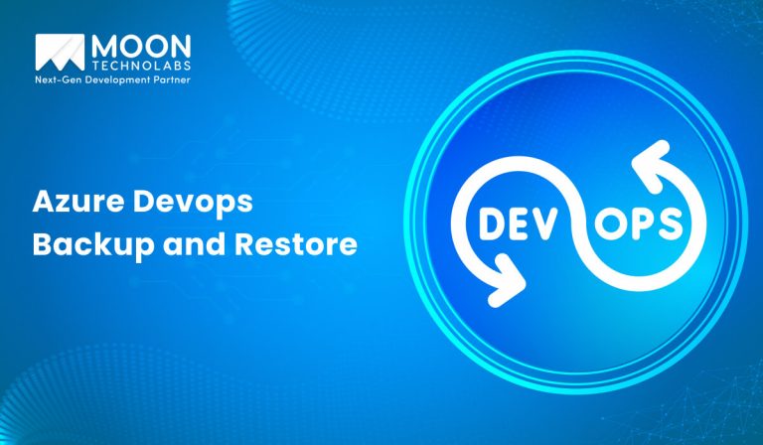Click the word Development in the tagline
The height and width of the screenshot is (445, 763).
[113, 78]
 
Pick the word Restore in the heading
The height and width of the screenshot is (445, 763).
[295, 244]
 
